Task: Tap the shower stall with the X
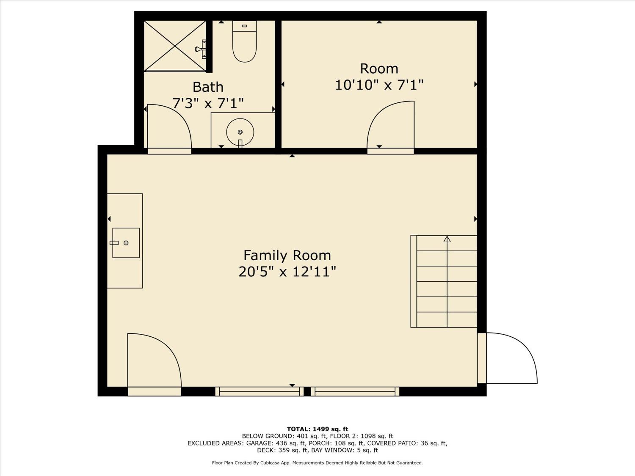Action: click(175, 46)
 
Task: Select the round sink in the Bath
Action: click(240, 132)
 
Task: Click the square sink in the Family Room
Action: click(126, 243)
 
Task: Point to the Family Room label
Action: click(287, 256)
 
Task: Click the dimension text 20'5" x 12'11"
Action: click(287, 272)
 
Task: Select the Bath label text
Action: click(208, 87)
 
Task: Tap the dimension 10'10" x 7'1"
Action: click(379, 85)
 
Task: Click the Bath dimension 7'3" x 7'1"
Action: click(208, 103)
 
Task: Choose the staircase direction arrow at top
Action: click(447, 239)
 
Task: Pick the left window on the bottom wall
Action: click(260, 391)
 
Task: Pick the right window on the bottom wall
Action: click(355, 391)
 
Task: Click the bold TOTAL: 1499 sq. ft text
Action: click(317, 429)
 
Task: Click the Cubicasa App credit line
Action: click(317, 463)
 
